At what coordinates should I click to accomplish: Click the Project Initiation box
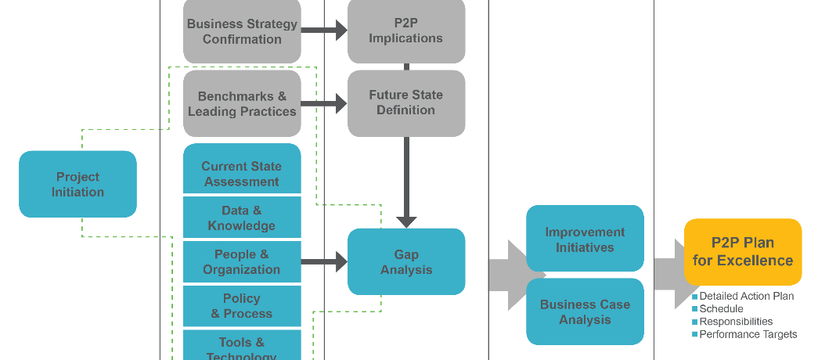click(x=77, y=184)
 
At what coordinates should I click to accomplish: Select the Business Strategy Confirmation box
click(x=242, y=31)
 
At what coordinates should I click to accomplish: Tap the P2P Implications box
click(x=406, y=31)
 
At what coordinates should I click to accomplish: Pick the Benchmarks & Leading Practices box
click(x=242, y=104)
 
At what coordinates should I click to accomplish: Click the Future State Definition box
click(x=406, y=103)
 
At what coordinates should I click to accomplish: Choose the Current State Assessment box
click(x=242, y=173)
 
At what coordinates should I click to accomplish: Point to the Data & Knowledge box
click(x=242, y=218)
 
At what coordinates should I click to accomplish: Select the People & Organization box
click(x=242, y=261)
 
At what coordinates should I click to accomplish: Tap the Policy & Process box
click(x=242, y=305)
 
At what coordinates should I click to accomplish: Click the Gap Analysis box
click(x=406, y=261)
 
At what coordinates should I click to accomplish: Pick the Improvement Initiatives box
click(x=585, y=239)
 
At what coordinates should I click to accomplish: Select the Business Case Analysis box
click(x=585, y=311)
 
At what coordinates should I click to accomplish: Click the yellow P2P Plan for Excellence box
click(x=743, y=251)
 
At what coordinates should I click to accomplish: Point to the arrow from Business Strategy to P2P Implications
click(x=324, y=31)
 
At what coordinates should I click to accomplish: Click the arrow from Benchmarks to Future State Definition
click(x=324, y=103)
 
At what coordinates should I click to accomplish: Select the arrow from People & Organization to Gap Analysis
click(x=324, y=261)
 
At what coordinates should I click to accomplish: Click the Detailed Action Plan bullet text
click(x=746, y=297)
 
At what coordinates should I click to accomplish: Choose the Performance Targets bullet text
click(x=748, y=334)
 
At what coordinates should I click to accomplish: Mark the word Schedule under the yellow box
click(x=721, y=309)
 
